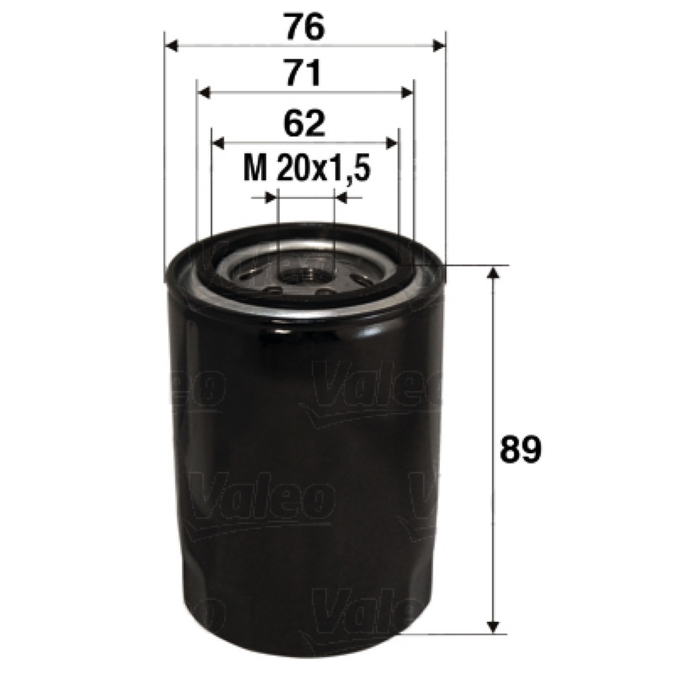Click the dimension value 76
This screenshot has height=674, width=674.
[x=305, y=27]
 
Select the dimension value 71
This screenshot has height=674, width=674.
[x=304, y=73]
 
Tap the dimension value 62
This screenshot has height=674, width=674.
[x=304, y=124]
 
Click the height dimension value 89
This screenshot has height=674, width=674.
[x=521, y=449]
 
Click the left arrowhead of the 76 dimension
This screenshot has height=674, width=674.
[x=172, y=45]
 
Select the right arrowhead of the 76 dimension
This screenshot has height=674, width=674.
[x=439, y=45]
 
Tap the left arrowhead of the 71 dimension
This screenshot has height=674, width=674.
[x=204, y=93]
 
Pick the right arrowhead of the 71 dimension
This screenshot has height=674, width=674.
[x=407, y=93]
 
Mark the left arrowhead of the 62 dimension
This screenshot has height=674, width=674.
[x=219, y=143]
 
